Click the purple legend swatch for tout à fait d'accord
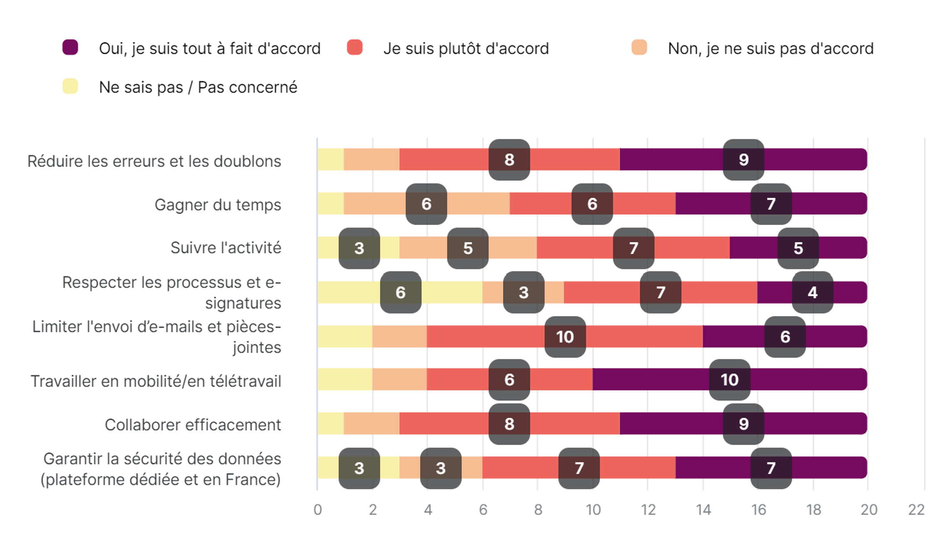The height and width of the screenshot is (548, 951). (70, 48)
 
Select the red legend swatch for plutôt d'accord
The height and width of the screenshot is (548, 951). (355, 48)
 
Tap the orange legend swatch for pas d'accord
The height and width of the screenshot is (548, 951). (639, 48)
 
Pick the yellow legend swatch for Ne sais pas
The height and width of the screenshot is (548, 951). (70, 86)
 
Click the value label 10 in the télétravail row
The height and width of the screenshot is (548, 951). (729, 380)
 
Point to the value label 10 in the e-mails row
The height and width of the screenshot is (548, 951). (565, 337)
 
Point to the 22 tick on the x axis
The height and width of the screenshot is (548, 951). (916, 510)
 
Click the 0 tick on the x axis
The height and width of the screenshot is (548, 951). (318, 510)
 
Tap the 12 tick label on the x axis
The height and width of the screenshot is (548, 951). (648, 510)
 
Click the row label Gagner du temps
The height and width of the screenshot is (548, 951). (218, 205)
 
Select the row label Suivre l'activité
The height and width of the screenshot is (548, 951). (226, 248)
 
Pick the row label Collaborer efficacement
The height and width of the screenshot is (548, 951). (193, 425)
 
